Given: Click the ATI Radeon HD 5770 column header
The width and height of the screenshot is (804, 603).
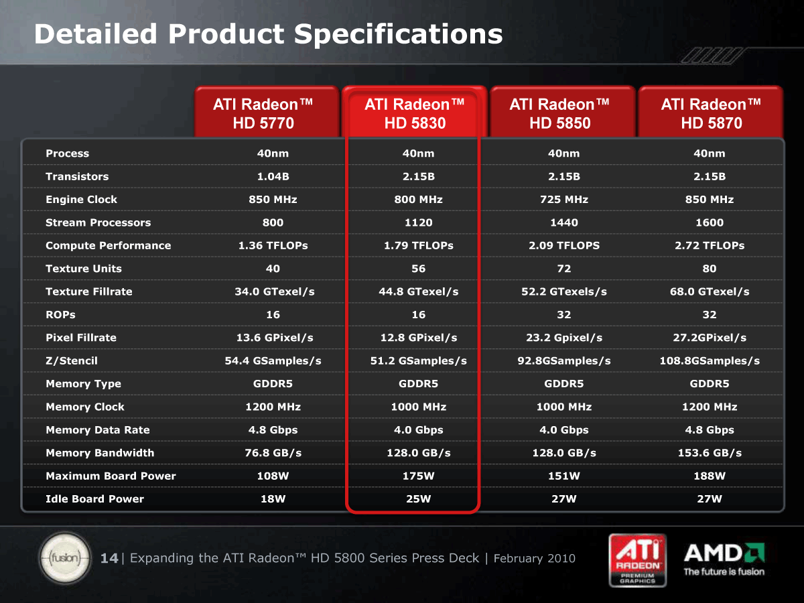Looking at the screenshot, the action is coord(266,112).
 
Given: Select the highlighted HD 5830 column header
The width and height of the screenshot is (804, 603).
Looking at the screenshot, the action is coord(414,112).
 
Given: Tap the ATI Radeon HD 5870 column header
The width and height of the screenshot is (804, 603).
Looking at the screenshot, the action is coord(711,112).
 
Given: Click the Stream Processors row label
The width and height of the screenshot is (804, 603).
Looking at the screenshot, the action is coord(98,222).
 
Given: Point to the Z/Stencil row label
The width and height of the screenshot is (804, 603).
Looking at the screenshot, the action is coord(72,360).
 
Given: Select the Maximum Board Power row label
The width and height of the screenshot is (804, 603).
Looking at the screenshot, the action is coord(111,476).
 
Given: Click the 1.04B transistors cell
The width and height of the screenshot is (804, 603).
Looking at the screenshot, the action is coord(273,176).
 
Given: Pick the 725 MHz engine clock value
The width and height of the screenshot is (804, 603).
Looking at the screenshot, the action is coord(564,200).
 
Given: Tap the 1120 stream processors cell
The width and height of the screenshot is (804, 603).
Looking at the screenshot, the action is coord(418,222).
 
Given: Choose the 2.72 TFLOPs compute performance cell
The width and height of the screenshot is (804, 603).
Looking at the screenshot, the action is coord(710,246).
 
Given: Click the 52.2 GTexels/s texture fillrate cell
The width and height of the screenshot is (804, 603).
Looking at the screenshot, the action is coord(564,292).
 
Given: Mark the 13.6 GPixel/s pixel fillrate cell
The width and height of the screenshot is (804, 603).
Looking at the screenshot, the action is coord(275,338).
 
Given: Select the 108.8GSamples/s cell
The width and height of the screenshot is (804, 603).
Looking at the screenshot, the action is coord(710,361).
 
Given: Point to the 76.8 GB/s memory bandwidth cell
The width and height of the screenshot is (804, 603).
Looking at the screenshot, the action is coord(273,453).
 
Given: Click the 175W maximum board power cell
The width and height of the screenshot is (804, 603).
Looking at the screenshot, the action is coord(418,476).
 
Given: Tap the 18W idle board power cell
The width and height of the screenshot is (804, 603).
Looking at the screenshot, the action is coord(273,499).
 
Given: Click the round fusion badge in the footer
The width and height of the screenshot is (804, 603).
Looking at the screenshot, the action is coord(66,558).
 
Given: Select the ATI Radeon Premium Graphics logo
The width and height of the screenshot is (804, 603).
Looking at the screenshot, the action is coord(637,560).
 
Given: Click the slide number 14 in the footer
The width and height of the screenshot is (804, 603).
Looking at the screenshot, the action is coord(109,558).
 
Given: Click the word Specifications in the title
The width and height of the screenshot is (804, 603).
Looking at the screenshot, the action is coord(399,35).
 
